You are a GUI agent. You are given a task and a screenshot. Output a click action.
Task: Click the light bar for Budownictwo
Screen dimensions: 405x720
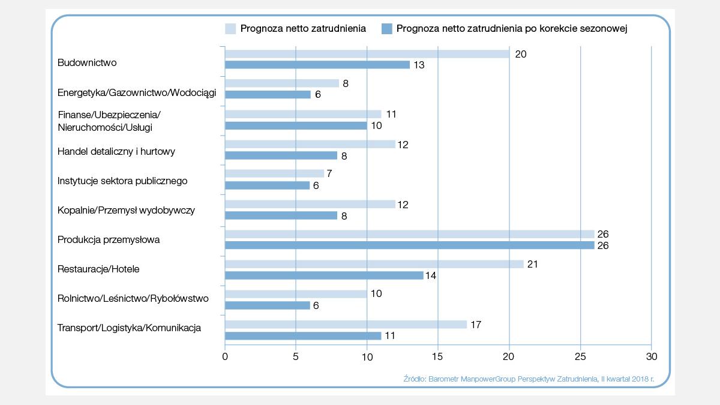pos(367,54)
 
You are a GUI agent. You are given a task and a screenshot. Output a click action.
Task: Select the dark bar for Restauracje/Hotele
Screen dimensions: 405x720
pos(324,275)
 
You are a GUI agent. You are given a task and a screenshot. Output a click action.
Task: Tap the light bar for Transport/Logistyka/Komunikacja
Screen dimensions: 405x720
pos(346,325)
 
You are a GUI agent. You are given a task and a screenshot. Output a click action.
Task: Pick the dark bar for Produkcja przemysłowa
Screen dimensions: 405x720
pos(409,245)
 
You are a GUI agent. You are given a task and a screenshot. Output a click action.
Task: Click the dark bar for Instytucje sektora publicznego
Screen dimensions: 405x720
pos(267,185)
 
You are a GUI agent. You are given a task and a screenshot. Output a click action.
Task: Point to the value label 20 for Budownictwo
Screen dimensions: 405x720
pos(521,54)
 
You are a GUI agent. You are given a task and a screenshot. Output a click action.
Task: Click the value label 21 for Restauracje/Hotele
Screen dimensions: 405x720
pos(532,264)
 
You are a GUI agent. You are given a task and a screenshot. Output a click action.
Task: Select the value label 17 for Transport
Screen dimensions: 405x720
pos(475,325)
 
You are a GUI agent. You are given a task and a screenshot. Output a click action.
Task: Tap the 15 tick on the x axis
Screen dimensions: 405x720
pos(438,356)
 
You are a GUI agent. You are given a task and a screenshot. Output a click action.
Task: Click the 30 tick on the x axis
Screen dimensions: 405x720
pos(651,356)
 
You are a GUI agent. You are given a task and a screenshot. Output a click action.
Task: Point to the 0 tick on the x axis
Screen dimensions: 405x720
pos(225,356)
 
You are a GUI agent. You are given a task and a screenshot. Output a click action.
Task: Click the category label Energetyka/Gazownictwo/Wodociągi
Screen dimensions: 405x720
pos(137,93)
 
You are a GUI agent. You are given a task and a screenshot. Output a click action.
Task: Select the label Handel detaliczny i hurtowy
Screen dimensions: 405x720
pos(116,152)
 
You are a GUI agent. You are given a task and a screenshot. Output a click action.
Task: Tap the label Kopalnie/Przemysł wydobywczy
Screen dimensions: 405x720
pos(126,211)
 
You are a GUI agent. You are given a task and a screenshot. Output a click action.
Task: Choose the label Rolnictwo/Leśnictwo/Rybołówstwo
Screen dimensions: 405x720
pos(133,298)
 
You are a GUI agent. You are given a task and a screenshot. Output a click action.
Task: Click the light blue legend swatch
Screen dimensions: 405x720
pos(230,28)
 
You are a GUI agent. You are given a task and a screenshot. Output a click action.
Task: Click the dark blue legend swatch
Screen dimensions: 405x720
pos(387,28)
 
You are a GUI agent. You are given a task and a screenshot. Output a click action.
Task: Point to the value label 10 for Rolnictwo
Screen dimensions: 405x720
pos(376,294)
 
